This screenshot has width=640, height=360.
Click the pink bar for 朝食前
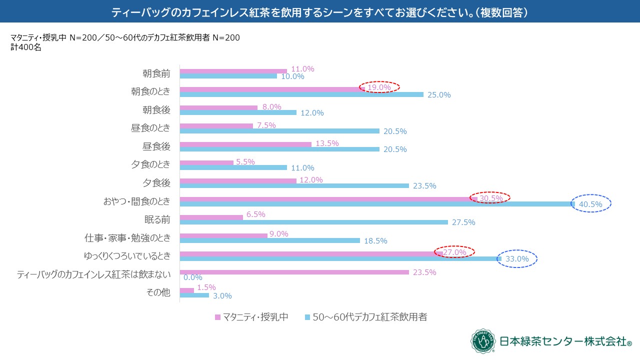(x=233, y=71)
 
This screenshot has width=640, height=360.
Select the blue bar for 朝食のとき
(x=301, y=94)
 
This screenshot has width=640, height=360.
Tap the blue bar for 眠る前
(x=313, y=222)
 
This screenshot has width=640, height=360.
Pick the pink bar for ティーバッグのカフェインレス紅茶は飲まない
(x=294, y=272)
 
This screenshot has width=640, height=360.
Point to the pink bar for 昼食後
(x=245, y=144)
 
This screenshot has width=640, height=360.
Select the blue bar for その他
(x=194, y=295)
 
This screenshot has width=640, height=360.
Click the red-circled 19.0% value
(x=379, y=87)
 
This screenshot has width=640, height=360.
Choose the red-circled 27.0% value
(x=454, y=252)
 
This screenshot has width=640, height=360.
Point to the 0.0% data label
(x=192, y=277)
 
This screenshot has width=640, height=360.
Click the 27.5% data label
(x=463, y=222)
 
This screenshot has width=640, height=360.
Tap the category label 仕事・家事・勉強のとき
(x=128, y=237)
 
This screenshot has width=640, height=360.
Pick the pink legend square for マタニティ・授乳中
(x=217, y=317)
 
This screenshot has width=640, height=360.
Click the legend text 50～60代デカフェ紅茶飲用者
(x=369, y=317)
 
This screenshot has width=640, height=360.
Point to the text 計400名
(x=25, y=48)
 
